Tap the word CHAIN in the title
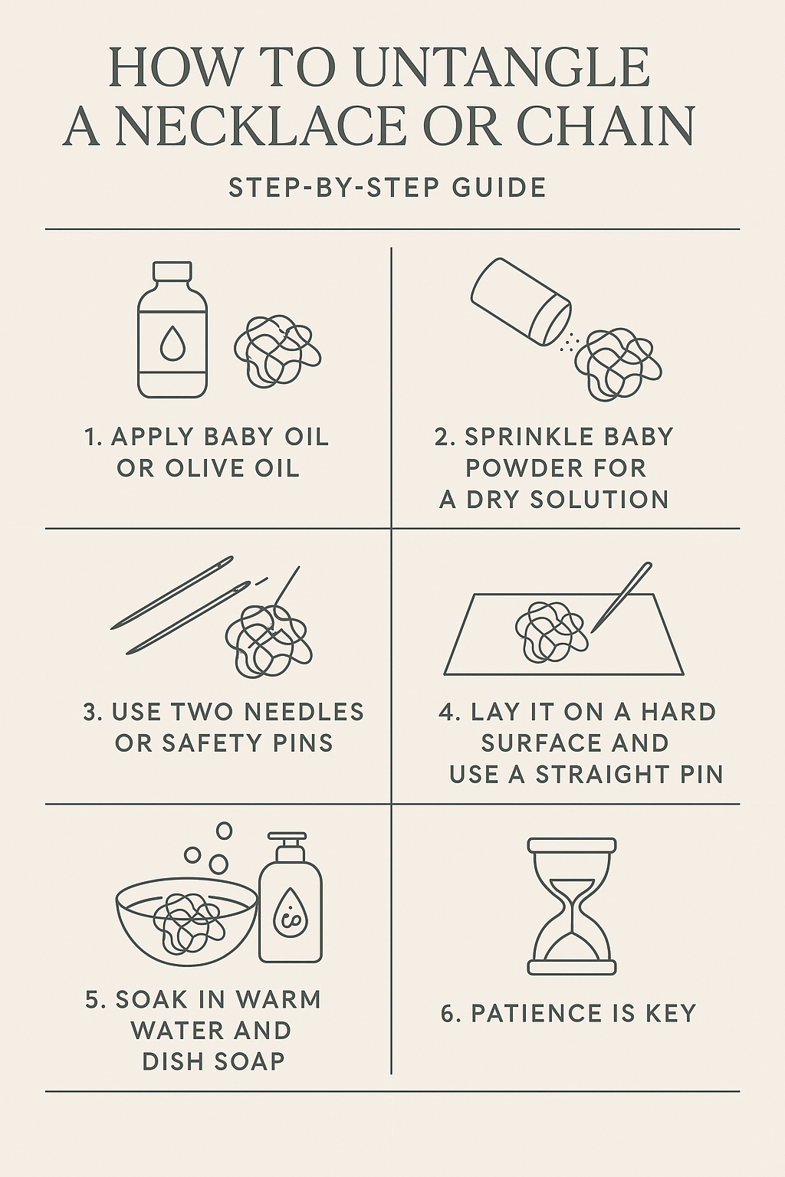coord(606,126)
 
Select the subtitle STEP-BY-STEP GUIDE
coord(387,188)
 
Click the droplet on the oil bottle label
coord(172,346)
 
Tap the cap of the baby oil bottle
coord(172,272)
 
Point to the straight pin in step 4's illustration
coord(621,598)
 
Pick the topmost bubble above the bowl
coord(224,830)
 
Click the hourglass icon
coord(572,906)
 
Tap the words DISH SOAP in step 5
coord(213,1061)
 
